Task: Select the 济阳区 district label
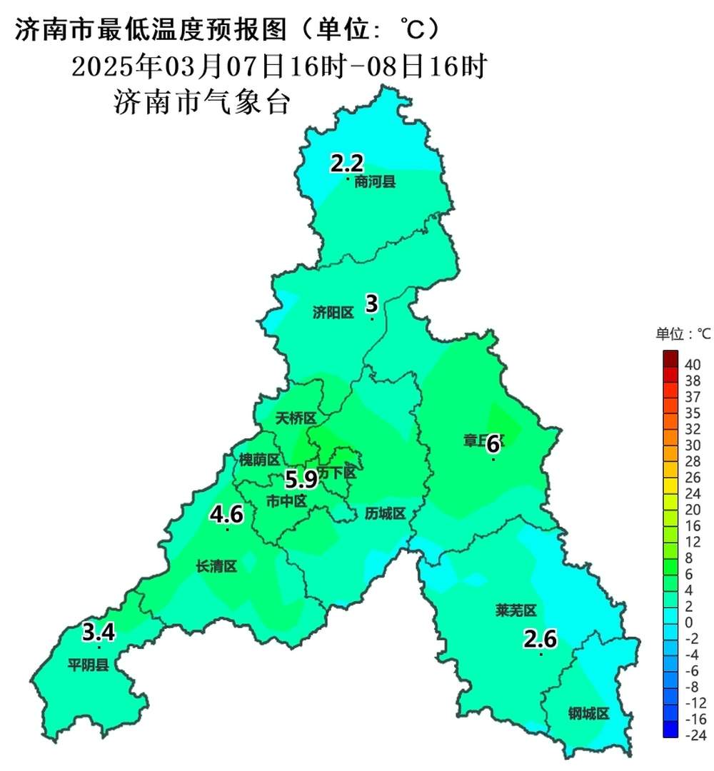coord(333,313)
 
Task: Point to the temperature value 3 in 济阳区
coord(371,303)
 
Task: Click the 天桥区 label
coord(296,418)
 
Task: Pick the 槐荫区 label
coord(259,459)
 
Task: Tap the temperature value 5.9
coord(301,478)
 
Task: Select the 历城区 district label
coord(385,513)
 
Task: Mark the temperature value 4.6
coord(226,513)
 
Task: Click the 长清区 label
coord(216,566)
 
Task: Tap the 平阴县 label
coord(89,665)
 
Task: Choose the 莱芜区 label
coord(516,610)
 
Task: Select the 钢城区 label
coord(589,713)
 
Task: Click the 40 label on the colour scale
coord(692,364)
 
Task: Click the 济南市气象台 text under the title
coord(202,103)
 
